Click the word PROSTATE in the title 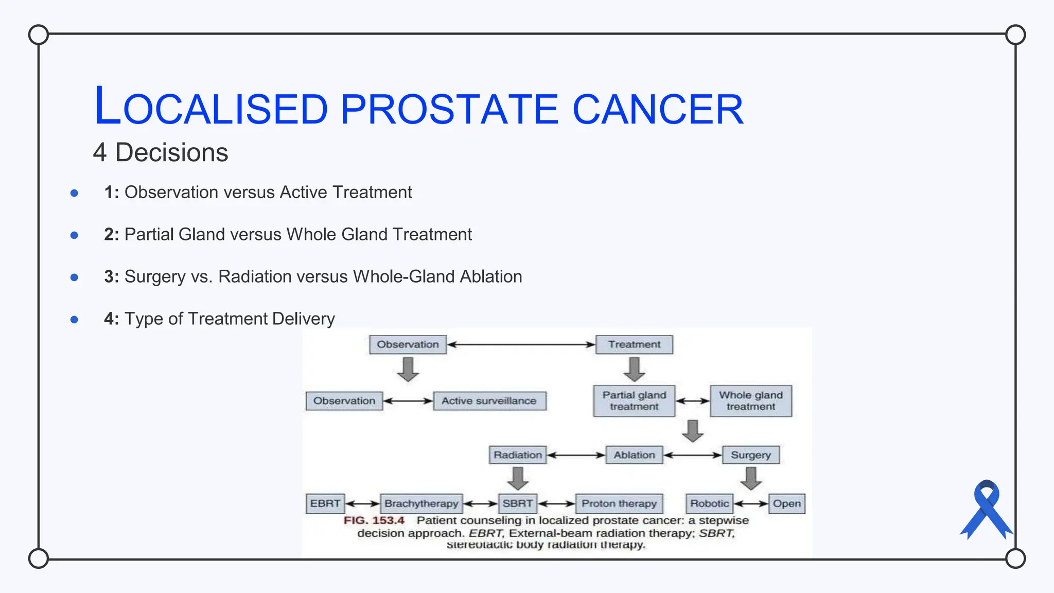449,109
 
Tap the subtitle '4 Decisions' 160,153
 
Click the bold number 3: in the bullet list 111,277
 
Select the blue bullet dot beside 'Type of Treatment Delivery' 74,320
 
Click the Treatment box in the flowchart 634,344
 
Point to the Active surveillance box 489,401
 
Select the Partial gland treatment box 634,401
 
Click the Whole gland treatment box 750,401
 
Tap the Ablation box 634,455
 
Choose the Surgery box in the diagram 750,455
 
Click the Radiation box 517,455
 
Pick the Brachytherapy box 421,503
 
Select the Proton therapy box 619,503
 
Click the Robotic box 709,503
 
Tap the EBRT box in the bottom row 325,503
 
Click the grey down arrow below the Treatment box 634,369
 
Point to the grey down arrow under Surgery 751,478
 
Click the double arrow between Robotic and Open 751,504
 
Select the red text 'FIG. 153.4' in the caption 374,520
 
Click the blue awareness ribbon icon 986,510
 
